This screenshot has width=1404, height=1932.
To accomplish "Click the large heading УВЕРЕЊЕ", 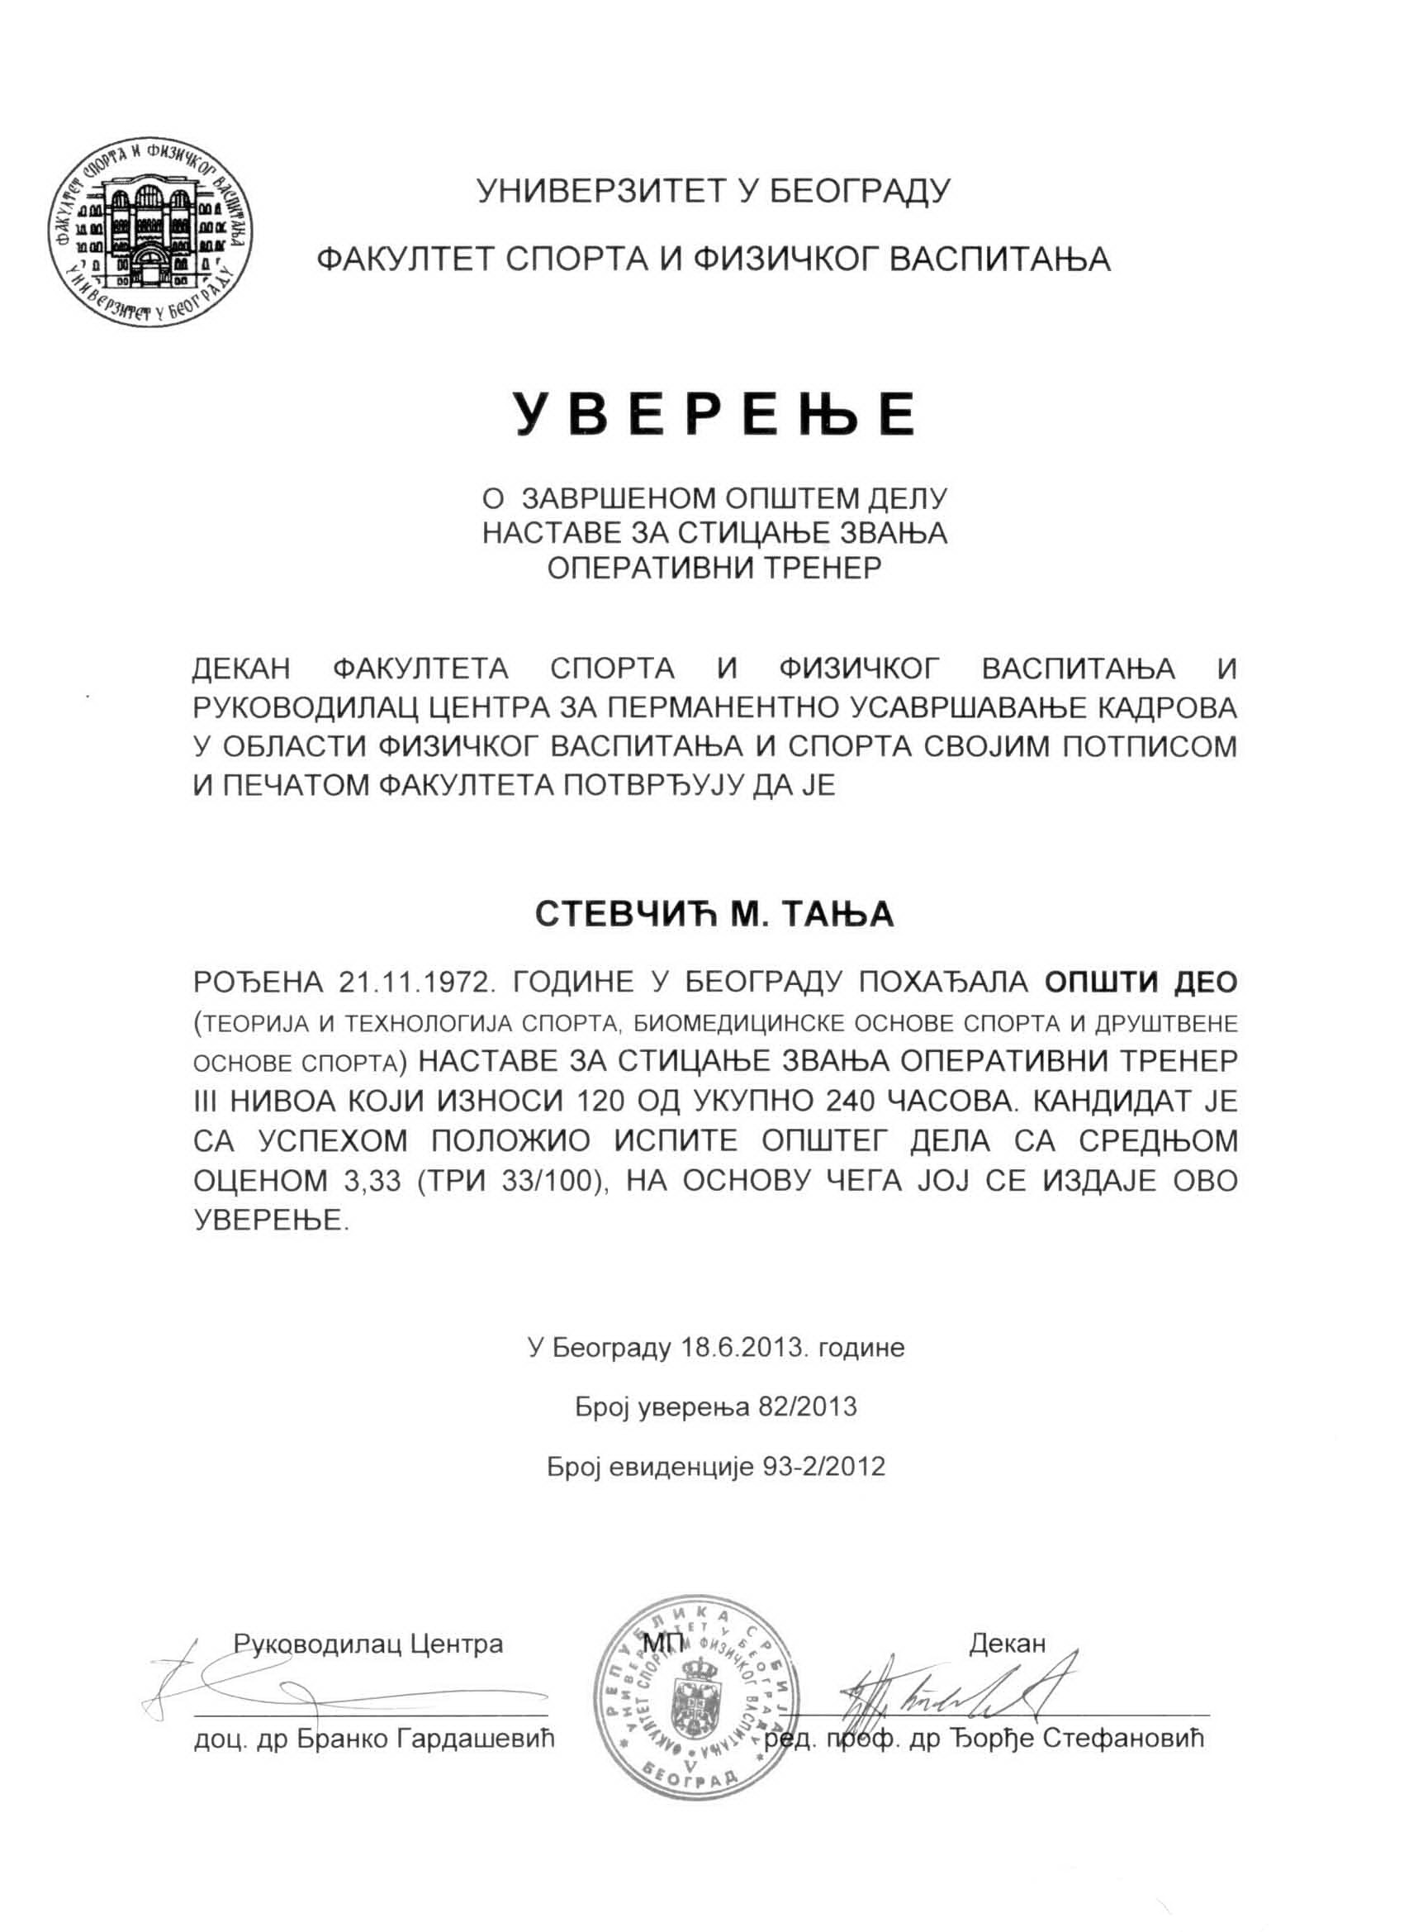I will click(x=714, y=415).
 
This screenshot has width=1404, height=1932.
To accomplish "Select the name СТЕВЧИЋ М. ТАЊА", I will click(x=714, y=914).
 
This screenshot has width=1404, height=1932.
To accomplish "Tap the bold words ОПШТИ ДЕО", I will click(x=1140, y=983).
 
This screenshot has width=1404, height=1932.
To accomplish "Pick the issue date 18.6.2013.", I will click(x=741, y=1348).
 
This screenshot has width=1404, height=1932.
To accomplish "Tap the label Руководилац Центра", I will click(x=368, y=1644).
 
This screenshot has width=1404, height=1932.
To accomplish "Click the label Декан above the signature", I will click(x=1007, y=1644).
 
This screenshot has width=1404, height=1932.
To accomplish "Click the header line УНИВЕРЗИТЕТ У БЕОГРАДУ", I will click(x=714, y=191).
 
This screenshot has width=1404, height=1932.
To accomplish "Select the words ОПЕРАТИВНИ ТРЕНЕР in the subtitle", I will click(x=714, y=568).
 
